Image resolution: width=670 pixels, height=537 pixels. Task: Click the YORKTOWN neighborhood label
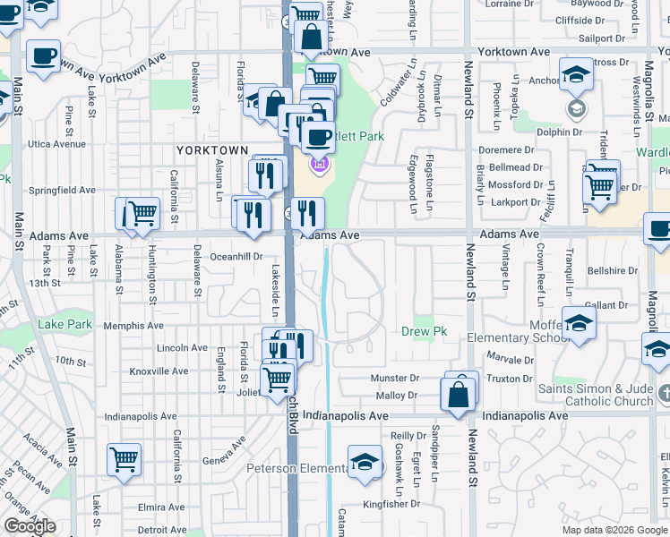212,149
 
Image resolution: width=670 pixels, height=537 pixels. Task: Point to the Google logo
30,526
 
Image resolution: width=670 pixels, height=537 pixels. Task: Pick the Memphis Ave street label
133,326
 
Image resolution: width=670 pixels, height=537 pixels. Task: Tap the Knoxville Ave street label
159,371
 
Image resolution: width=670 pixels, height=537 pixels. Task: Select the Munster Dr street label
395,379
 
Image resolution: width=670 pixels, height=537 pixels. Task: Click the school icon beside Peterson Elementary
365,463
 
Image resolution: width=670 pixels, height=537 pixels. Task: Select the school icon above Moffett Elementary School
579,325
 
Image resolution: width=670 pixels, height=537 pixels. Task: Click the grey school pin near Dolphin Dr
576,110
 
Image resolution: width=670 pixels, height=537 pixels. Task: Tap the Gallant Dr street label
606,305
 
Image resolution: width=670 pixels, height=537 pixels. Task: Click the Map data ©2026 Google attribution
615,530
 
